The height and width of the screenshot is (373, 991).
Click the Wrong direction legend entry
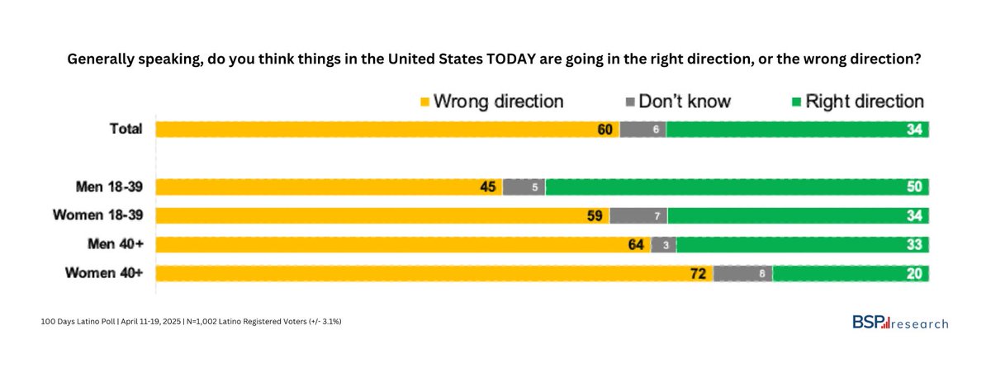tap(492, 102)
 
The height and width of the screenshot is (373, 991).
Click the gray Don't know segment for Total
tap(642, 130)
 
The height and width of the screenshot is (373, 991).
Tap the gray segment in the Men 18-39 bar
tap(524, 187)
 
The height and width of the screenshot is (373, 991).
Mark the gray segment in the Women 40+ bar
tap(742, 273)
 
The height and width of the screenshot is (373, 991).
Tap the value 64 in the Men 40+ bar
tap(637, 244)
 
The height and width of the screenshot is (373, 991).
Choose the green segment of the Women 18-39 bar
tap(798, 216)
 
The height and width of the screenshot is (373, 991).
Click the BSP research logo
tap(900, 323)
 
